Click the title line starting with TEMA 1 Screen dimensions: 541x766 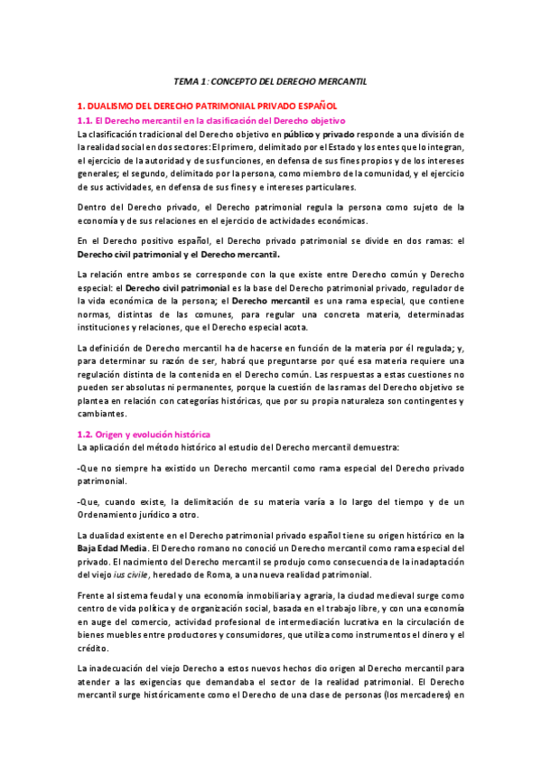click(x=270, y=81)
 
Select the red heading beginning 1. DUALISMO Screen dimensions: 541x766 click(x=207, y=106)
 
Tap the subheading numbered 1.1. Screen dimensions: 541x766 click(x=212, y=120)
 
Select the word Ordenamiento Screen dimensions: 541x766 click(x=116, y=515)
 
